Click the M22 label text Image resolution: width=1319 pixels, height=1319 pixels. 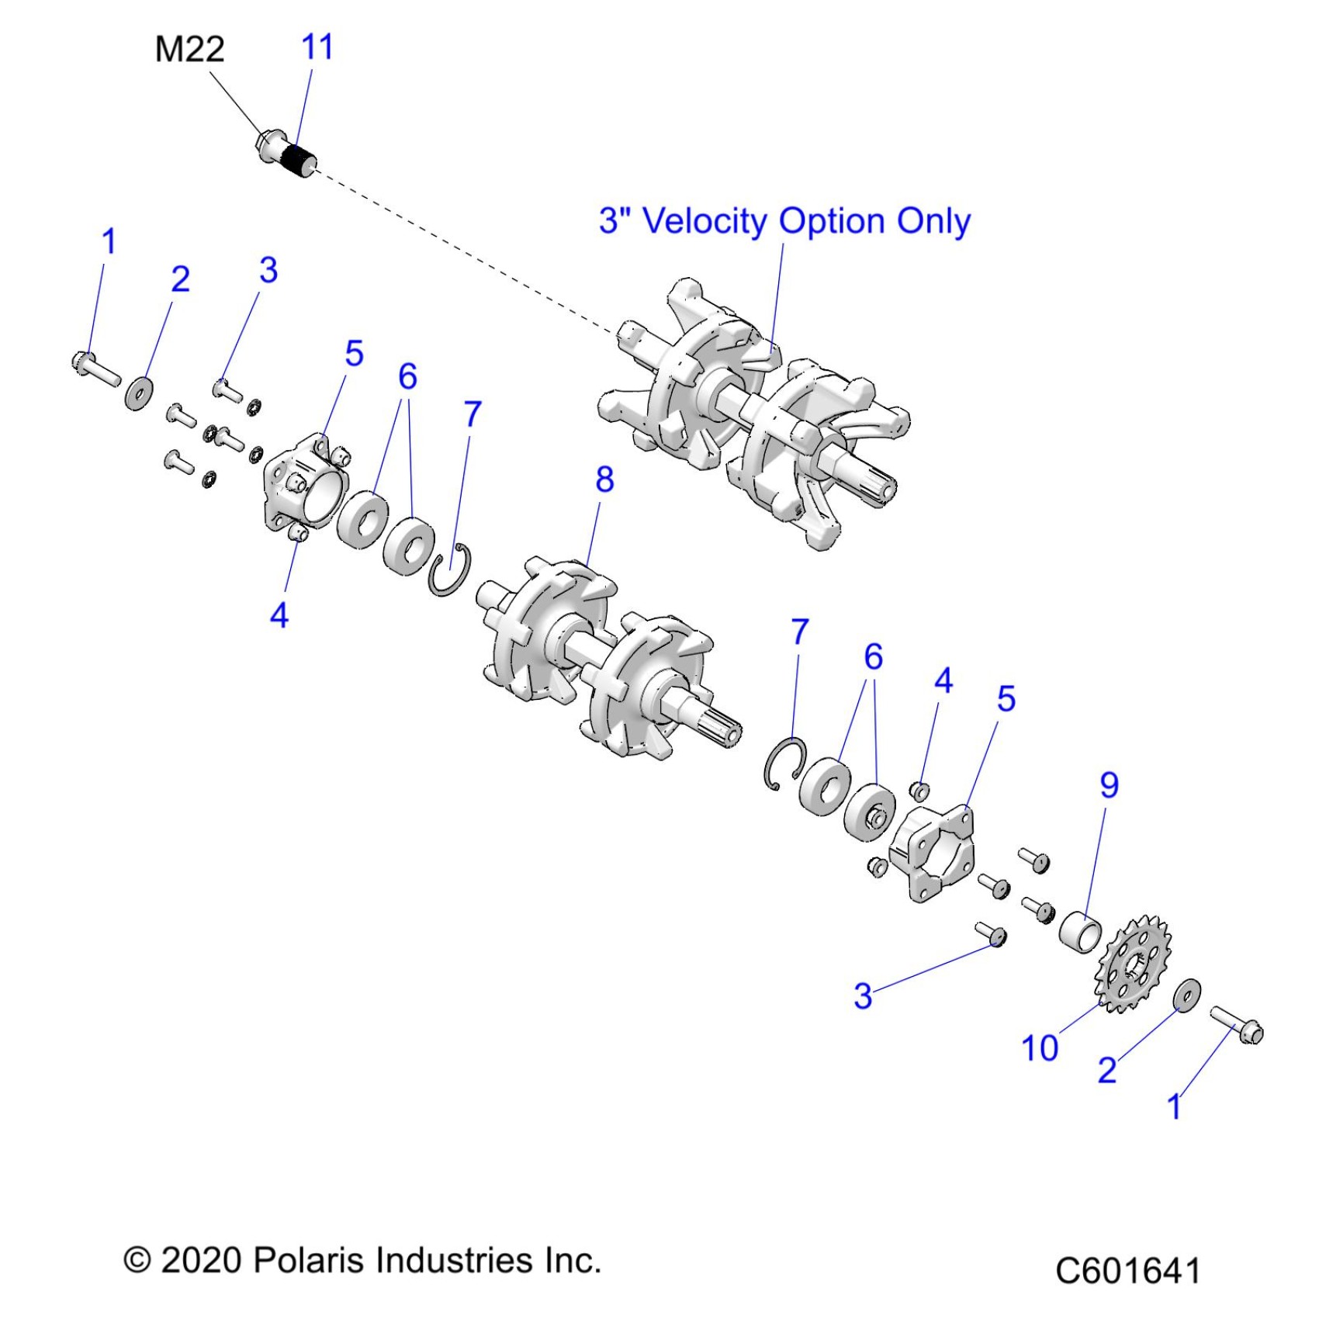[x=189, y=50]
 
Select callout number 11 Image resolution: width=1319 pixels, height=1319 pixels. [x=317, y=47]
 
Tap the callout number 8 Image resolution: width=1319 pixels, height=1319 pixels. [x=604, y=479]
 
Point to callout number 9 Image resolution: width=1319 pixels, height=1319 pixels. [x=1109, y=785]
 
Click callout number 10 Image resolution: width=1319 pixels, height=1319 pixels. [x=1040, y=1048]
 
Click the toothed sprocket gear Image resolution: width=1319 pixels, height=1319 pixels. [x=1134, y=964]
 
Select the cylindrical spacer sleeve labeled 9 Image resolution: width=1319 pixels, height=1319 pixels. [x=1080, y=928]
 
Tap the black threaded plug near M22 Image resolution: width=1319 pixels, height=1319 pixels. [x=296, y=158]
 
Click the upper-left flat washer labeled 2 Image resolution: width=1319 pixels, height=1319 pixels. [x=139, y=393]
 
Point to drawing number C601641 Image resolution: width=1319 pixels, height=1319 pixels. [x=1127, y=1271]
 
